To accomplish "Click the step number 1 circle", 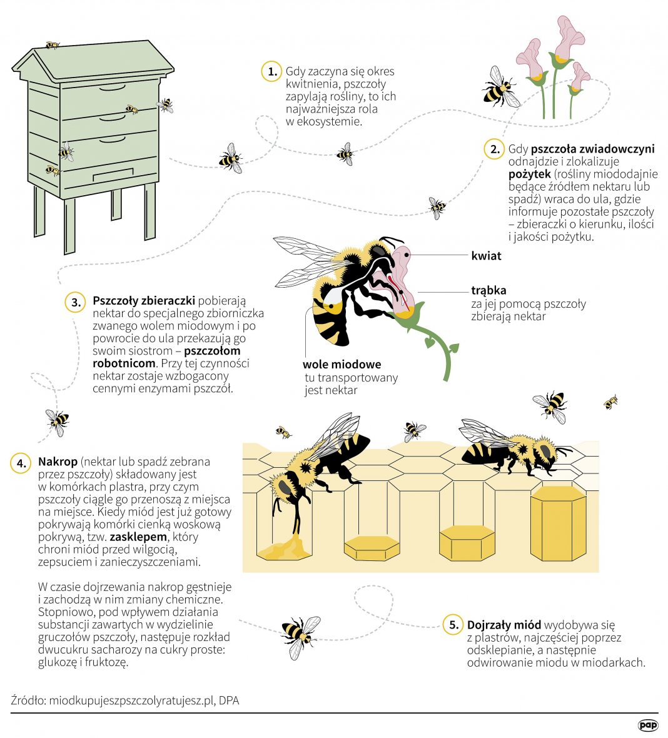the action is tap(271, 71).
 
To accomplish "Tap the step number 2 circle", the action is tap(494, 149).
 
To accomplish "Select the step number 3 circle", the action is tap(75, 302).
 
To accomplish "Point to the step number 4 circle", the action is tap(21, 463).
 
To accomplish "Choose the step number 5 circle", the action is tap(453, 625).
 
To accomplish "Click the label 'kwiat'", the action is tap(486, 256).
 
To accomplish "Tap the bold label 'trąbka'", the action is tap(488, 290).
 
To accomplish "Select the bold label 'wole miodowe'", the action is tap(342, 364).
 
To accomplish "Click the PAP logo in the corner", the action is tap(648, 725).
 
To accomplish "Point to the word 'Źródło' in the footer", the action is tap(28, 700).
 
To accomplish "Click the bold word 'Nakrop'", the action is tap(58, 462).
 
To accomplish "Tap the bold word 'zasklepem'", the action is tap(138, 537).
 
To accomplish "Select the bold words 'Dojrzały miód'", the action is tap(504, 625).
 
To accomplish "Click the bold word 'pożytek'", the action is tap(529, 174).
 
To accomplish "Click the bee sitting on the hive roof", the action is tap(53, 45).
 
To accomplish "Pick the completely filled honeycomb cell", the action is tap(559, 523).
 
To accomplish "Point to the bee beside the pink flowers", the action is tap(500, 88).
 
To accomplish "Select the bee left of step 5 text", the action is tap(301, 636).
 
